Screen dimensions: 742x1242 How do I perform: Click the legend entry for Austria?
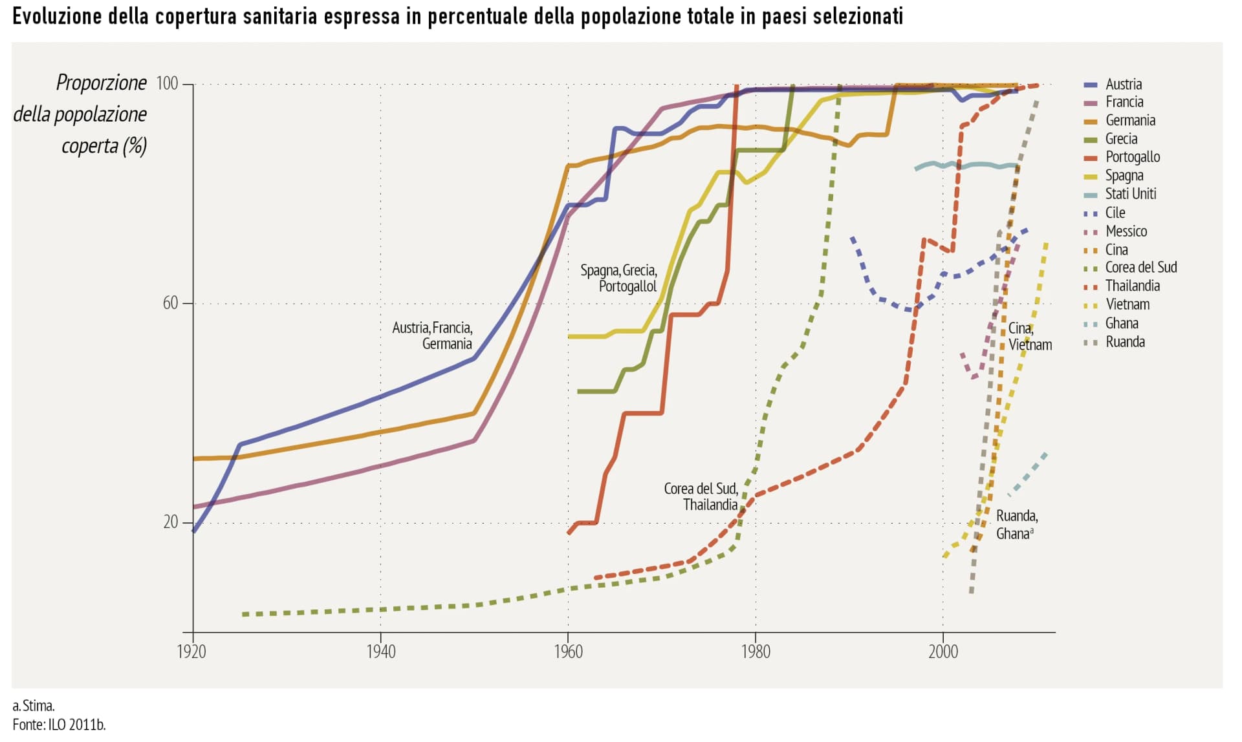pos(1123,84)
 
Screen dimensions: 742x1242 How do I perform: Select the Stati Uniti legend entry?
pos(1129,194)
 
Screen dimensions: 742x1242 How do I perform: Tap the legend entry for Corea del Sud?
pos(1140,268)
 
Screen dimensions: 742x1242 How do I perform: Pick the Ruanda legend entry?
pos(1124,342)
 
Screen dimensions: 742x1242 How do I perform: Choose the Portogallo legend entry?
pos(1132,157)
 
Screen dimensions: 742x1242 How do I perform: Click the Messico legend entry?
pos(1126,231)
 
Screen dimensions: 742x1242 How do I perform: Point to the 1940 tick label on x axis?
pos(380,652)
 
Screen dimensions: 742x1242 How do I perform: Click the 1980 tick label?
pos(755,652)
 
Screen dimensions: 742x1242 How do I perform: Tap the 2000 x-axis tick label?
pos(942,652)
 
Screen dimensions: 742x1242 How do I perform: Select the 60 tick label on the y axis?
pos(170,303)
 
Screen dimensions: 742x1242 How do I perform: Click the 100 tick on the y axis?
pos(167,83)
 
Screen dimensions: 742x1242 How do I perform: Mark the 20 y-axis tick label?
pos(170,522)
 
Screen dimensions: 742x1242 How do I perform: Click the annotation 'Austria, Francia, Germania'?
pos(432,336)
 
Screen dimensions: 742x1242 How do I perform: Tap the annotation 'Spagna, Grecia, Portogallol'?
pos(618,279)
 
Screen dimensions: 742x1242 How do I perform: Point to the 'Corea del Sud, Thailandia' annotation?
pos(701,496)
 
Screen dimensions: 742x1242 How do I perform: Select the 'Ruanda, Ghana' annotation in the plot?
pos(1016,525)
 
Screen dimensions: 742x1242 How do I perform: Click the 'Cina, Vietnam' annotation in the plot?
pos(1029,337)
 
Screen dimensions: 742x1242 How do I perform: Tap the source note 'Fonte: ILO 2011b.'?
pos(59,725)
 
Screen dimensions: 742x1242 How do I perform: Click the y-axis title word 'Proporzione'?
pos(102,83)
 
